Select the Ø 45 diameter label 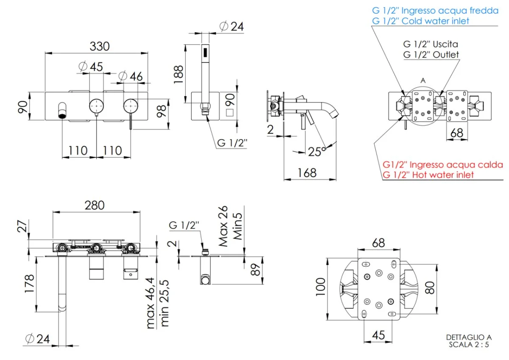[x=91, y=67]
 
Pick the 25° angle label [x=317, y=151]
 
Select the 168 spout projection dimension [x=307, y=173]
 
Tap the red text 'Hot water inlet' [x=428, y=174]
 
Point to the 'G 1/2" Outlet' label [x=431, y=54]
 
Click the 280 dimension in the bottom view [x=94, y=205]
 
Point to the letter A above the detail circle [x=422, y=80]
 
